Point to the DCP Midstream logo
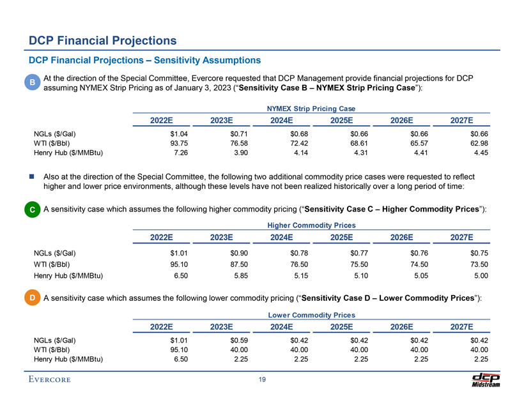(x=485, y=380)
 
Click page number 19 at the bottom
(x=262, y=381)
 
